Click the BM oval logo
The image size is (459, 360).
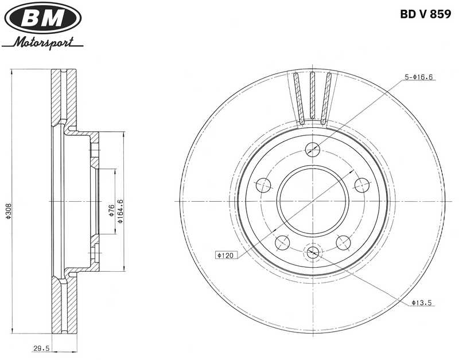click(43, 19)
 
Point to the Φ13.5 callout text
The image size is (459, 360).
click(421, 302)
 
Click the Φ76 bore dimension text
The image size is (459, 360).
click(111, 210)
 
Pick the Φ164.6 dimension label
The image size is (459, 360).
click(120, 210)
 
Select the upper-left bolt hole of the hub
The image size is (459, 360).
click(263, 185)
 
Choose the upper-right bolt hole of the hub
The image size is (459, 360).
click(362, 185)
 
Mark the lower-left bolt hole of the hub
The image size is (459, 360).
click(282, 242)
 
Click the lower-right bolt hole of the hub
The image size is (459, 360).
click(343, 242)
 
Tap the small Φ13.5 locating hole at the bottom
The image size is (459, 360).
click(313, 252)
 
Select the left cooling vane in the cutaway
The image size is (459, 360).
click(298, 97)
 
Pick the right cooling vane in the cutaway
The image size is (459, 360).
click(327, 97)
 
